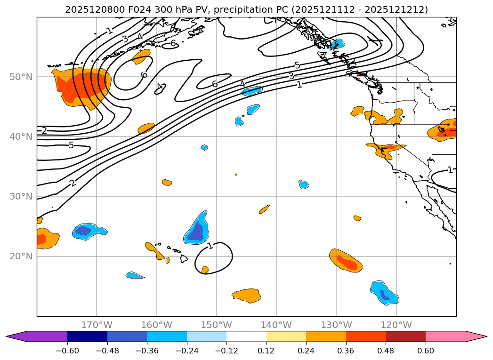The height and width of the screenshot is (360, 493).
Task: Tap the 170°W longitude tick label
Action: (97, 325)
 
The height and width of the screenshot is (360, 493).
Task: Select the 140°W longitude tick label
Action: (276, 325)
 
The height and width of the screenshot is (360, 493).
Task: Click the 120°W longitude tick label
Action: (396, 325)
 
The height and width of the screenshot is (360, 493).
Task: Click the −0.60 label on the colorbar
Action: (67, 351)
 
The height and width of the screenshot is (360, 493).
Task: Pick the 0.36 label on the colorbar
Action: (346, 351)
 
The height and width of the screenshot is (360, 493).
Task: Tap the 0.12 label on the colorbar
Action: (267, 351)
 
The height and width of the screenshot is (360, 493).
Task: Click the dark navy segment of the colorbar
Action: (87, 336)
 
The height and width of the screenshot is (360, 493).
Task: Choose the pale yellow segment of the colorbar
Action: (286, 336)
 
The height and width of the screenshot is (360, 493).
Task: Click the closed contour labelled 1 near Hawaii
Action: (232, 256)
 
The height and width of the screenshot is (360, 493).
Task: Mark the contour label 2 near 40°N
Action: (44, 130)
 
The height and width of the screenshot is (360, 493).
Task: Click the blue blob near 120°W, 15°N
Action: (383, 293)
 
